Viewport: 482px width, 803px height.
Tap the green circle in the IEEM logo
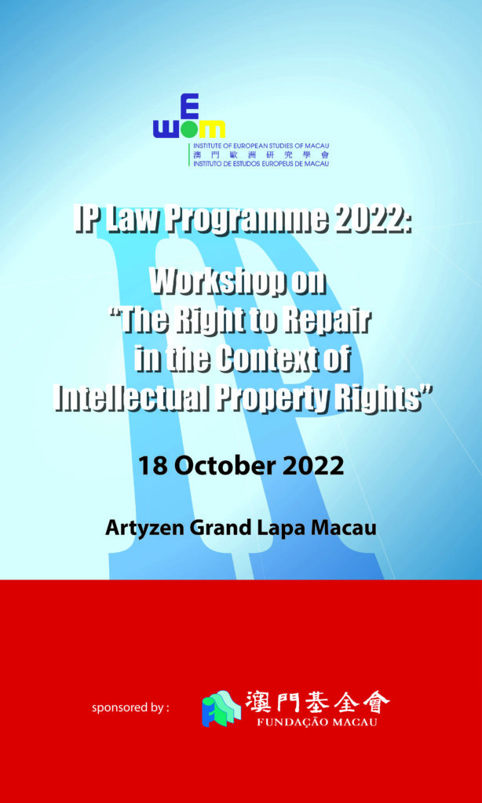pyautogui.click(x=189, y=131)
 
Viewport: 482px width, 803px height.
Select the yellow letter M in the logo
pyautogui.click(x=211, y=130)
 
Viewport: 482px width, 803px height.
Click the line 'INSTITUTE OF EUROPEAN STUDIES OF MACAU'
pyautogui.click(x=261, y=146)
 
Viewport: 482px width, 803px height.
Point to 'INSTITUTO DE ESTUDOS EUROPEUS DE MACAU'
pyautogui.click(x=261, y=163)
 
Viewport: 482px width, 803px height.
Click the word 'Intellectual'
pyautogui.click(x=131, y=396)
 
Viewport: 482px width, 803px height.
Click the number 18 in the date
pyautogui.click(x=152, y=466)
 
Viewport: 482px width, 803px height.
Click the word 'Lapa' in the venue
pyautogui.click(x=279, y=528)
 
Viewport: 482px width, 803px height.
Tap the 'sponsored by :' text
pyautogui.click(x=130, y=708)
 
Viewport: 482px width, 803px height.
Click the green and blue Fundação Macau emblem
pyautogui.click(x=221, y=709)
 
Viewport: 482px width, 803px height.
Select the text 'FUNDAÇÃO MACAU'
pyautogui.click(x=318, y=722)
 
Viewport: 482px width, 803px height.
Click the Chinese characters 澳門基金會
pyautogui.click(x=317, y=702)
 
